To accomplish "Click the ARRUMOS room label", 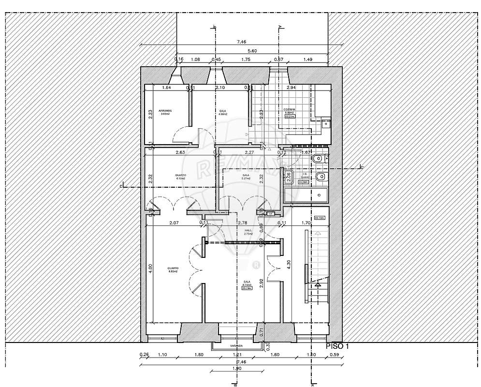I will tap(165, 111).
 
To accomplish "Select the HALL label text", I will tap(248, 231).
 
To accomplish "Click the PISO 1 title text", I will tap(337, 346).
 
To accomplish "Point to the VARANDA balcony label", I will tap(237, 346).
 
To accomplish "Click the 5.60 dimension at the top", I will tap(252, 51).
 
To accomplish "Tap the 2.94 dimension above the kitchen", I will tap(291, 88).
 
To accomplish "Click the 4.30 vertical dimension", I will tap(289, 265).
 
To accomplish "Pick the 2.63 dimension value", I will tap(180, 152).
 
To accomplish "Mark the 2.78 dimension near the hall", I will tap(243, 223).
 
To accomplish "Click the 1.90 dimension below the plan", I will tap(237, 369).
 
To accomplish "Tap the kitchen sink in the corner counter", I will tap(324, 123).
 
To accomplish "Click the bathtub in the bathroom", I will tap(306, 195).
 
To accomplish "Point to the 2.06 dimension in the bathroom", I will tap(289, 177).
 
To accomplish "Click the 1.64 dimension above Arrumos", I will tap(167, 88).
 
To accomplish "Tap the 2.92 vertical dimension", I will tap(262, 283).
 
